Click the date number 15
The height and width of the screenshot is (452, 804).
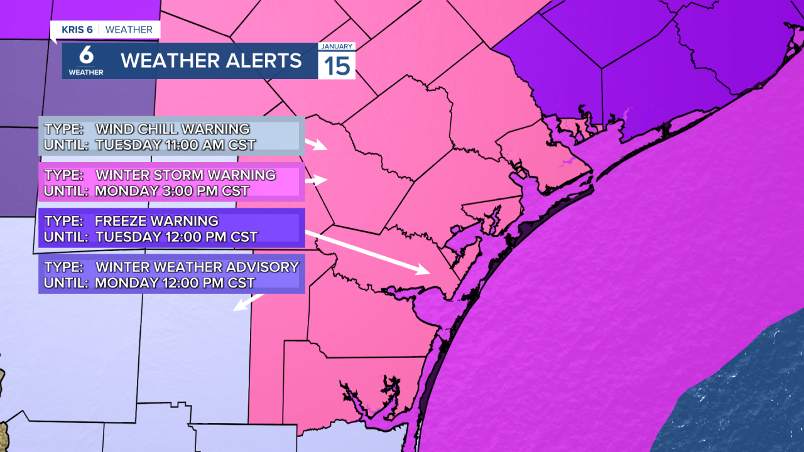click(337, 66)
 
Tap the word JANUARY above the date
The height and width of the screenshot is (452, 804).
click(337, 46)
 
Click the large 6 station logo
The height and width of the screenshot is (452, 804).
click(86, 55)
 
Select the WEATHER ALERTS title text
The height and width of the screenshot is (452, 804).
click(211, 61)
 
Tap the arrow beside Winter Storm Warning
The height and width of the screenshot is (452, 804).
click(317, 180)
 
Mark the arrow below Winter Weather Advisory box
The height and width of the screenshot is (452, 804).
click(248, 302)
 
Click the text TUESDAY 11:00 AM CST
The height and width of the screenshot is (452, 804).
click(175, 145)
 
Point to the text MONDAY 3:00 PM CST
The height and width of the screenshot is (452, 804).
click(172, 191)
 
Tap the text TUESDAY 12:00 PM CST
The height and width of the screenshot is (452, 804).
click(177, 237)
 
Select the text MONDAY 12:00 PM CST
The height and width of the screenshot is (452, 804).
click(175, 282)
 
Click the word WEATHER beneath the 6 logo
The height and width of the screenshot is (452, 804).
click(86, 72)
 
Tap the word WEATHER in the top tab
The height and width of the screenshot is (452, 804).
click(129, 30)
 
